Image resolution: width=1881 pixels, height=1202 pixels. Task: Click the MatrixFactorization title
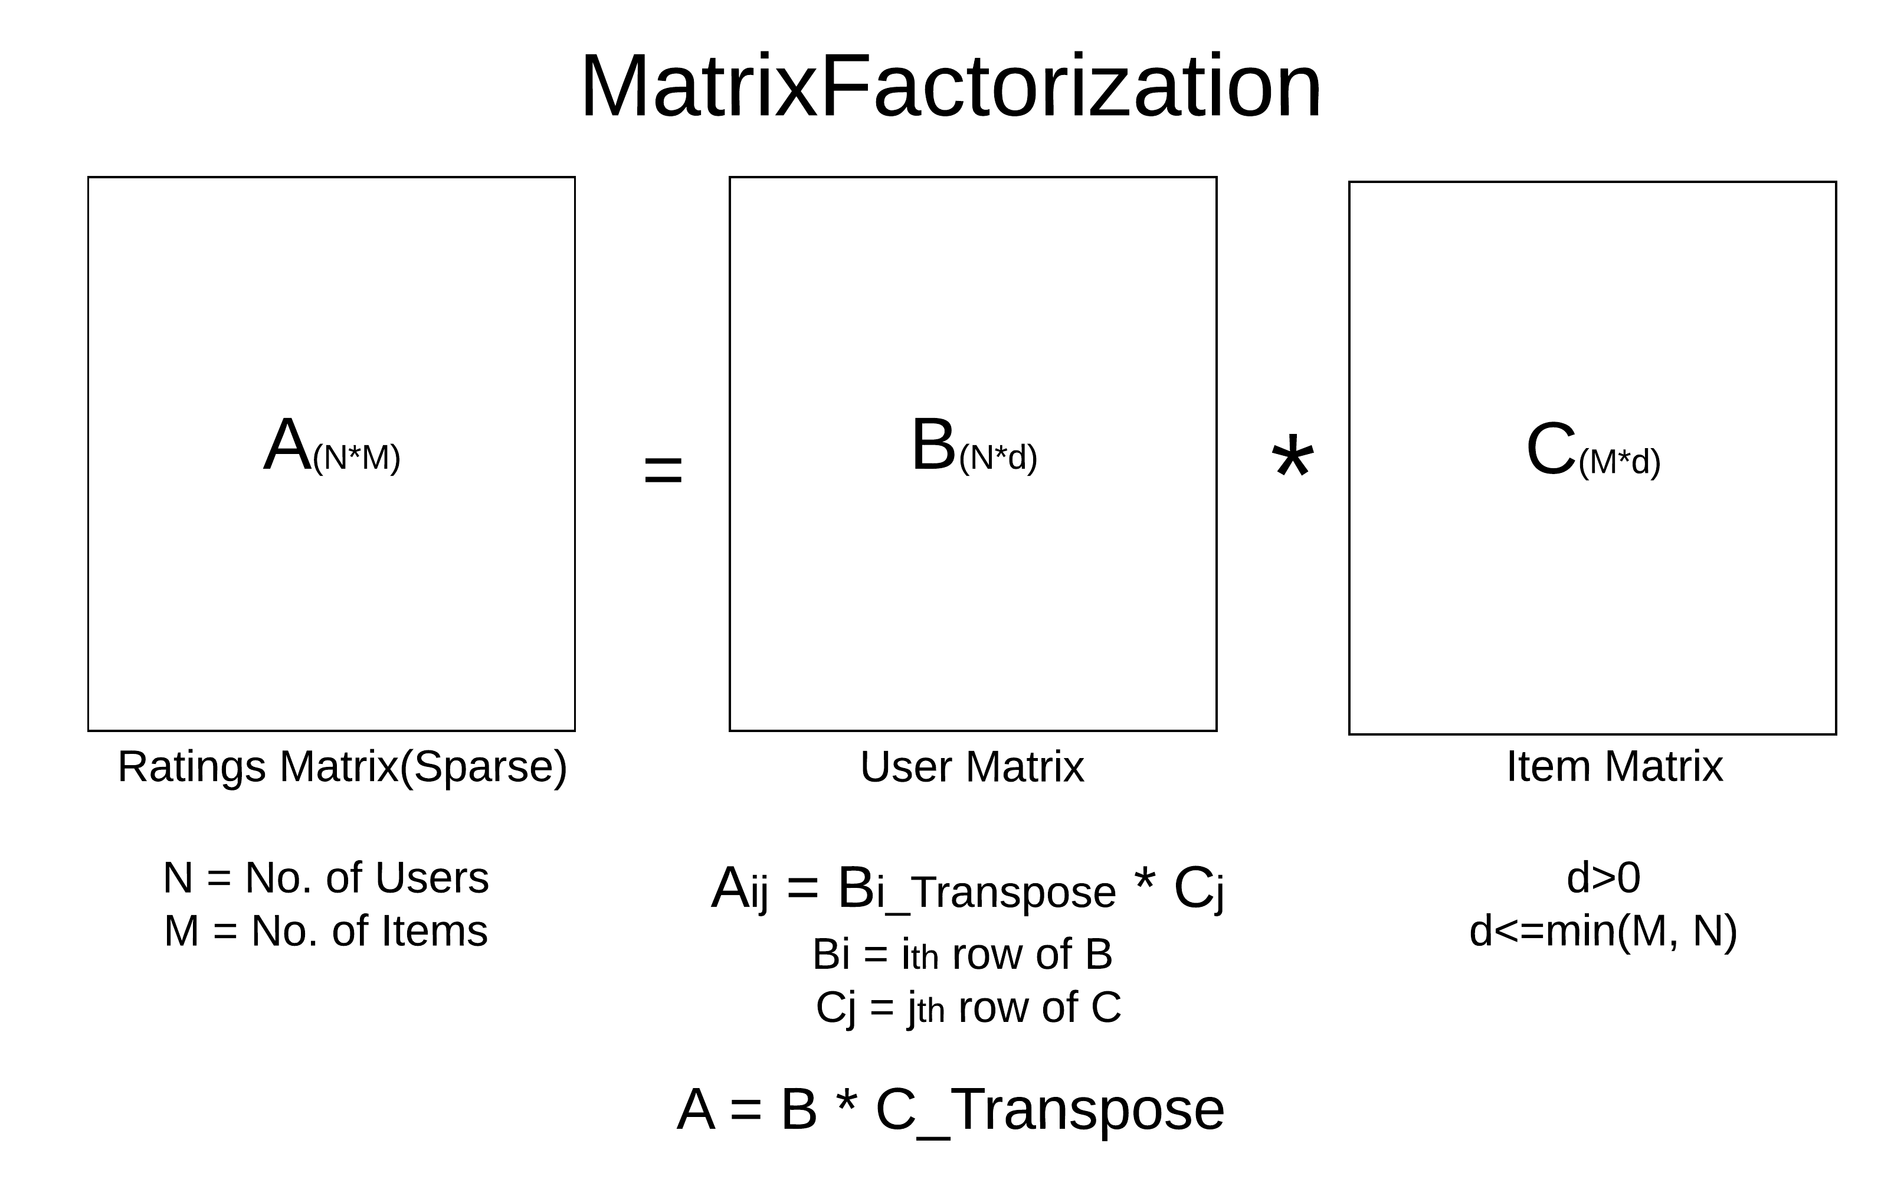pyautogui.click(x=951, y=86)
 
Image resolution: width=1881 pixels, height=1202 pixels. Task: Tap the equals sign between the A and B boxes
pyautogui.click(x=663, y=471)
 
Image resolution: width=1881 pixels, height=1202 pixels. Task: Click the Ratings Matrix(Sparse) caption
pyautogui.click(x=342, y=767)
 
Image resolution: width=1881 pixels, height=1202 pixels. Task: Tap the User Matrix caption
pyautogui.click(x=972, y=767)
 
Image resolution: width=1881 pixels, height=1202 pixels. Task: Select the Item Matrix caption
pyautogui.click(x=1614, y=767)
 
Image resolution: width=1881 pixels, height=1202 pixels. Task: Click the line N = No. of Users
pyautogui.click(x=326, y=878)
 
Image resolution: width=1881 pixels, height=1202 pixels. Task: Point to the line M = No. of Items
pyautogui.click(x=326, y=931)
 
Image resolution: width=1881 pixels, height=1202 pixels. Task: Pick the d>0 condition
pyautogui.click(x=1603, y=878)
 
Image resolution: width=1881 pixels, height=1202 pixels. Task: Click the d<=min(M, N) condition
pyautogui.click(x=1603, y=932)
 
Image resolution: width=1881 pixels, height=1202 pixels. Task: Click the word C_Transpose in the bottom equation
pyautogui.click(x=1050, y=1110)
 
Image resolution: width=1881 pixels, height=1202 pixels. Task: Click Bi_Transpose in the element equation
pyautogui.click(x=976, y=891)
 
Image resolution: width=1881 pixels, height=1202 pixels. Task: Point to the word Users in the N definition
pyautogui.click(x=431, y=878)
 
